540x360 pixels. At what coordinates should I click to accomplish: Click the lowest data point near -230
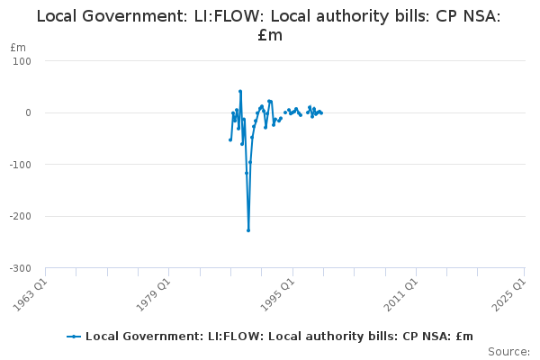pyautogui.click(x=248, y=230)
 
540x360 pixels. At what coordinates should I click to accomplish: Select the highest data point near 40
pyautogui.click(x=240, y=91)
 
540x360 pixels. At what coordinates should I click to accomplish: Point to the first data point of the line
pyautogui.click(x=230, y=139)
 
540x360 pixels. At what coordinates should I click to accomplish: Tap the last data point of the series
pyautogui.click(x=321, y=113)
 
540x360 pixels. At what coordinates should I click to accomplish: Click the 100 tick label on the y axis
pyautogui.click(x=22, y=61)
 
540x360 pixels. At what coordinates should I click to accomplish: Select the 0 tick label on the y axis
pyautogui.click(x=28, y=113)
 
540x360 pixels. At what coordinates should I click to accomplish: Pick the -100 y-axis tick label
pyautogui.click(x=21, y=165)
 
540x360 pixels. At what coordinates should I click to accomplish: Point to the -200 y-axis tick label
pyautogui.click(x=21, y=216)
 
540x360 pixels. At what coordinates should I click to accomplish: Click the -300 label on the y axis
pyautogui.click(x=21, y=268)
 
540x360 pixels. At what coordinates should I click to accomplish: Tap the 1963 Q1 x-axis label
pyautogui.click(x=30, y=294)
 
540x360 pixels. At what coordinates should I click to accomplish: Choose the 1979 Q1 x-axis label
pyautogui.click(x=154, y=294)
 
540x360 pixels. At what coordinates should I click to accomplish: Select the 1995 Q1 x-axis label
pyautogui.click(x=277, y=294)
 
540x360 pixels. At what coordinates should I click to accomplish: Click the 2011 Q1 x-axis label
pyautogui.click(x=401, y=294)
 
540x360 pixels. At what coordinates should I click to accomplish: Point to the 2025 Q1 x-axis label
pyautogui.click(x=509, y=294)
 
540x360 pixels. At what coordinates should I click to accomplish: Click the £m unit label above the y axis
pyautogui.click(x=18, y=48)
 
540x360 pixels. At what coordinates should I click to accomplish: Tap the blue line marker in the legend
pyautogui.click(x=74, y=337)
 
